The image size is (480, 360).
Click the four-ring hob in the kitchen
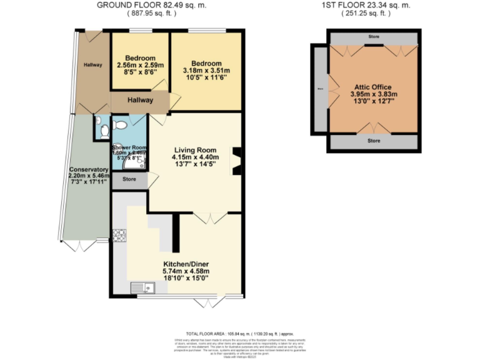[x=119, y=236]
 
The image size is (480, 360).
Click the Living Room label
[x=195, y=150]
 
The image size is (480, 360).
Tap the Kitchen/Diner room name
[x=186, y=264]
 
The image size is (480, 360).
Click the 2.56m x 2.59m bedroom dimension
[x=139, y=65]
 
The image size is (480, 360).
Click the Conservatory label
[x=89, y=169]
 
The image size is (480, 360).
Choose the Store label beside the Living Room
[x=129, y=180]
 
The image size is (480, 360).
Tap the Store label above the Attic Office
[x=374, y=37]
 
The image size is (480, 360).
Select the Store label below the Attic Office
[x=374, y=141]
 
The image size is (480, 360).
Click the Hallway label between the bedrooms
[x=141, y=100]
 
